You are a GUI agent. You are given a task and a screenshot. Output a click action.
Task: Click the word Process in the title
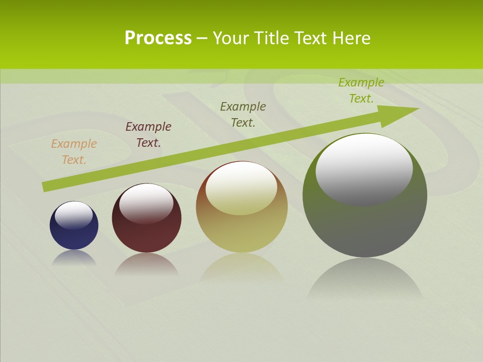[x=158, y=38]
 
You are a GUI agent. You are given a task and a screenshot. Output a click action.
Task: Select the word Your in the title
[x=229, y=38]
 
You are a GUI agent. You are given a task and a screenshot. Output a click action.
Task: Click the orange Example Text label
[x=74, y=152]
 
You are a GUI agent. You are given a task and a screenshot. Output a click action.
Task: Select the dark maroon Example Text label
[x=148, y=135]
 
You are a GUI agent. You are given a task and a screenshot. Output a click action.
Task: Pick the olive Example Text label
[x=243, y=115]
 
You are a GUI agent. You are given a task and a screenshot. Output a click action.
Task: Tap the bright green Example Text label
[x=361, y=90]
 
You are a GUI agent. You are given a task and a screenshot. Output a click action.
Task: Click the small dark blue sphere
[x=74, y=236]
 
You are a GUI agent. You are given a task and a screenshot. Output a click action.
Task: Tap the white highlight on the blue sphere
[x=74, y=215]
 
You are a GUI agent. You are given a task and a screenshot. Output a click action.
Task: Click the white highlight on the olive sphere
[x=364, y=169]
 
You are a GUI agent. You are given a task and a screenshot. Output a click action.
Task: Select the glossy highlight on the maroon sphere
[x=146, y=203]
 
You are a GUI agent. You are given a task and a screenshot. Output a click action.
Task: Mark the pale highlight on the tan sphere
[x=242, y=188]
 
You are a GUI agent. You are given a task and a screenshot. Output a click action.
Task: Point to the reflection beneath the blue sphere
[x=74, y=257]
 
